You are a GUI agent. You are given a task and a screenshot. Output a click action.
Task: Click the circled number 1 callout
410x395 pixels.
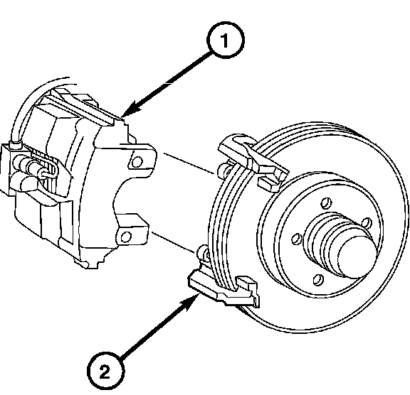point(226,40)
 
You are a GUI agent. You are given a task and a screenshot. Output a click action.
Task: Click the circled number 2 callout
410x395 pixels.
point(105,371)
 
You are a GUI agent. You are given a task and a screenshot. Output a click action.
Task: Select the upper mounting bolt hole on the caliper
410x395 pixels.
point(137,162)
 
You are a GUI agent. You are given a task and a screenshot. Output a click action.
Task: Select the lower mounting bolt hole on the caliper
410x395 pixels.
point(126,237)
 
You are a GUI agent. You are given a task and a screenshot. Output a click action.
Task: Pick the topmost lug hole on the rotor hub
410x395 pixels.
point(326,203)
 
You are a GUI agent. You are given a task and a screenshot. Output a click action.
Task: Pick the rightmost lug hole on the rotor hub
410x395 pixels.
point(367,223)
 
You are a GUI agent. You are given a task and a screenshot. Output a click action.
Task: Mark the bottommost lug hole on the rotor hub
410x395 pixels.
point(318,280)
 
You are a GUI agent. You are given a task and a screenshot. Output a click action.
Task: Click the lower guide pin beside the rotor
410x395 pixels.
point(204,252)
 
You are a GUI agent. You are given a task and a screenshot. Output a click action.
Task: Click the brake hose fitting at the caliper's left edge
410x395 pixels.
point(15,145)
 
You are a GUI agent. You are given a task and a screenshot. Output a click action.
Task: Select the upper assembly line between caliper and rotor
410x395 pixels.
point(189,163)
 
